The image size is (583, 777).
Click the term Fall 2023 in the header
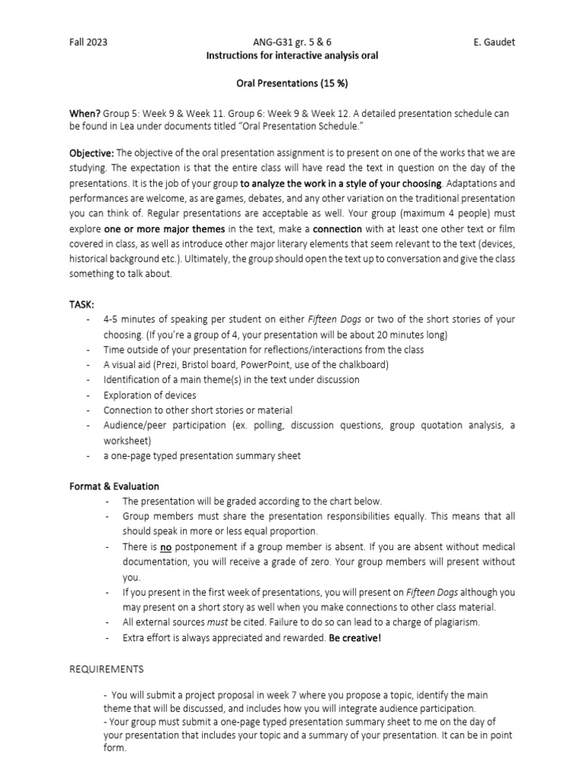tap(88, 42)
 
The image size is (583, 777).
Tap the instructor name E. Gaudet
tap(493, 42)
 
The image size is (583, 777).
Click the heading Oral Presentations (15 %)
tap(292, 82)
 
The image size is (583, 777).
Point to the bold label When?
tap(85, 113)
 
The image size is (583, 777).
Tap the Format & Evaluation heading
tap(115, 486)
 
